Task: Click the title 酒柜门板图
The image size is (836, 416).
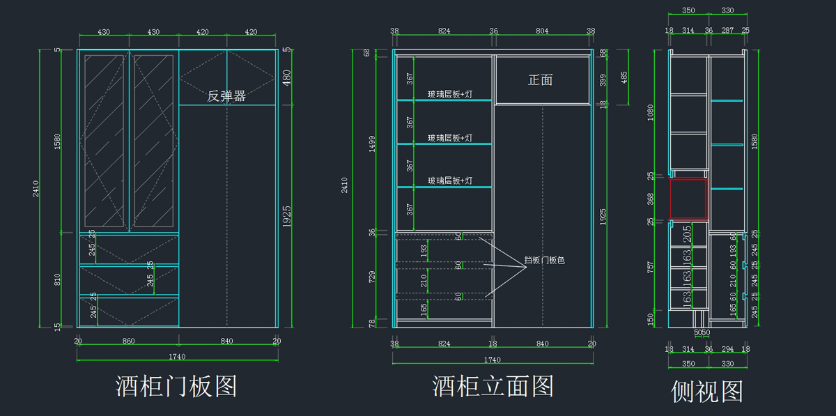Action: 176,385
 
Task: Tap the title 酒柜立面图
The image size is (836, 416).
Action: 493,385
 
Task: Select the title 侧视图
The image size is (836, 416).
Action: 706,391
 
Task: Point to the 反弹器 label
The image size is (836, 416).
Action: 226,96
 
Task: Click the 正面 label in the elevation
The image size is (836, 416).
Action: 540,80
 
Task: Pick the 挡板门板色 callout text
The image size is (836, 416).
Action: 544,261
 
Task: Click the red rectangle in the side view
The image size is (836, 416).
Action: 689,199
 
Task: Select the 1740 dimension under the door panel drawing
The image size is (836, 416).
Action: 177,356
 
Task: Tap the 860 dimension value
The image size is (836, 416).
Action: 129,341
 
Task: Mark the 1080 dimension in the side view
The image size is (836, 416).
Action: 651,111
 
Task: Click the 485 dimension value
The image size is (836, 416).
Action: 624,77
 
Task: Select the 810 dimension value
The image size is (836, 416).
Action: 58,279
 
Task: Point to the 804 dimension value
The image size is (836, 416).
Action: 542,31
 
